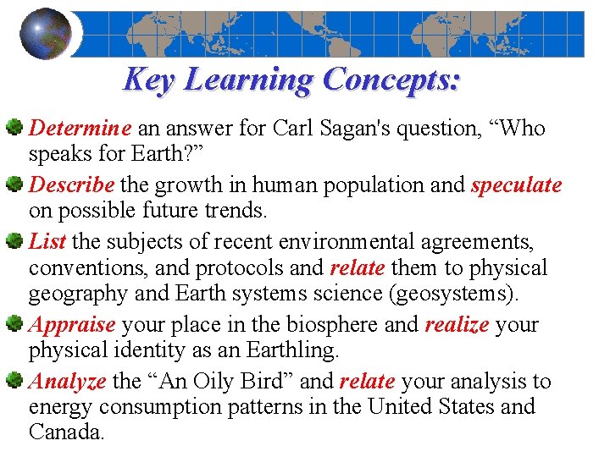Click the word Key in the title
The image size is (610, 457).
149,80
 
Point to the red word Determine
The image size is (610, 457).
80,129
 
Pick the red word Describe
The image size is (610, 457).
72,184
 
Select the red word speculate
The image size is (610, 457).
516,184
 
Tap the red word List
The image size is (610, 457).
47,242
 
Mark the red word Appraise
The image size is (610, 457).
72,324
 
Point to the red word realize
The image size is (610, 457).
457,324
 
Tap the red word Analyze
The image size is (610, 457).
68,382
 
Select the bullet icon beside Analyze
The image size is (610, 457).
14,381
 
